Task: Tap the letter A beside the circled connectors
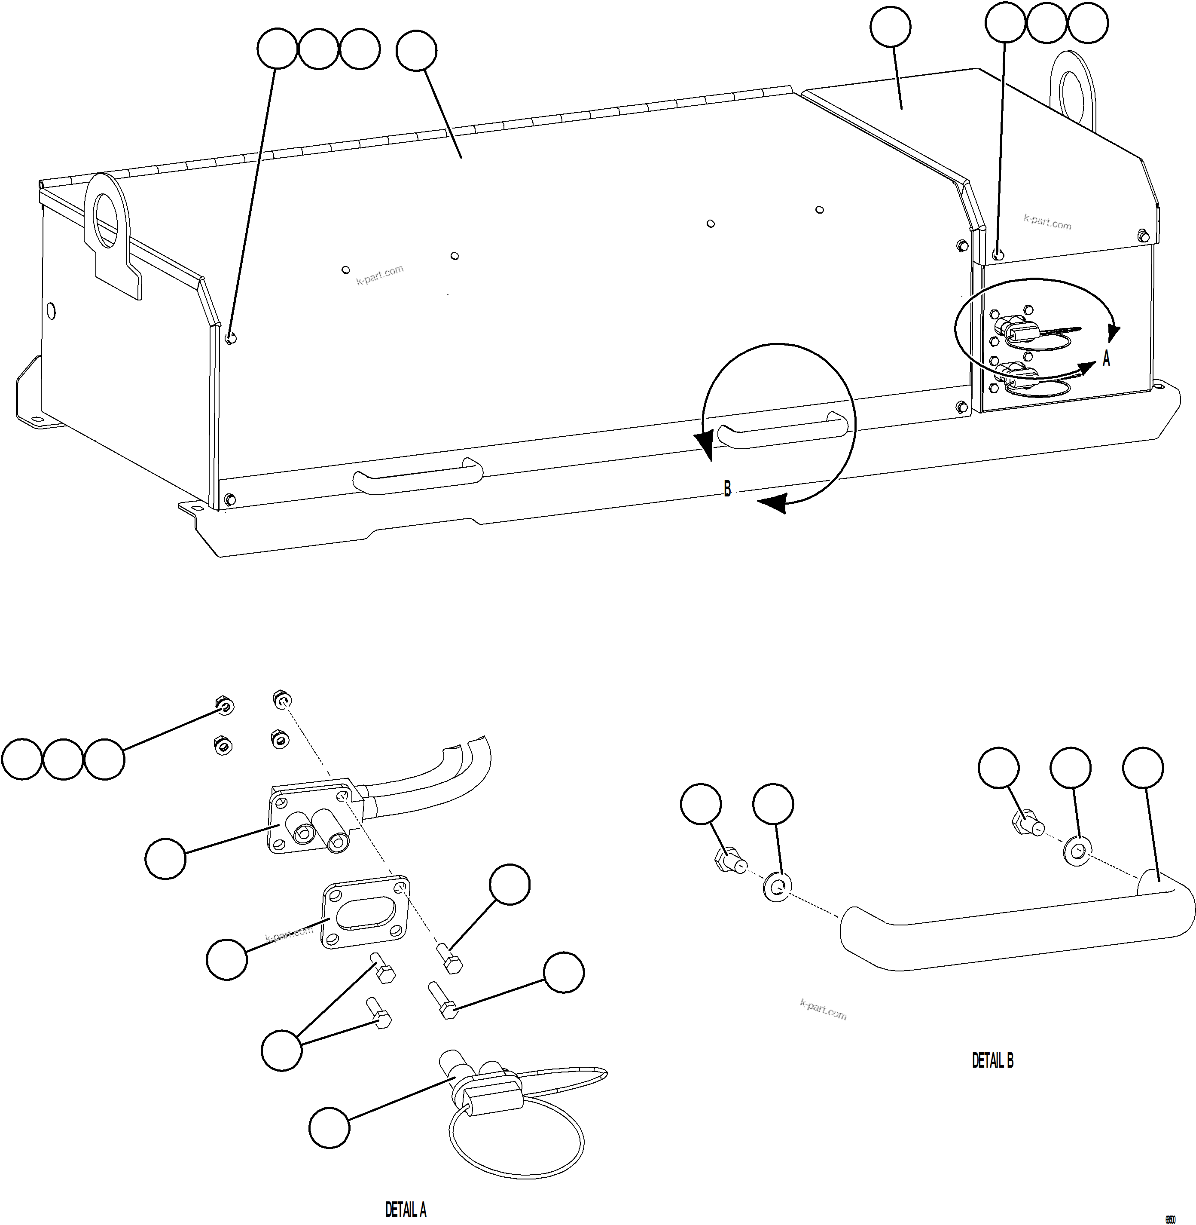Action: (1106, 358)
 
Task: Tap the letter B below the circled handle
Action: (727, 488)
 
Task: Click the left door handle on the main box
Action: (418, 477)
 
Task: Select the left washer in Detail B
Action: (778, 887)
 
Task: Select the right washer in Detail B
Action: (1077, 851)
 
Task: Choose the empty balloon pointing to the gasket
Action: (227, 959)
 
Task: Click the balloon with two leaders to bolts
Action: (281, 1050)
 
